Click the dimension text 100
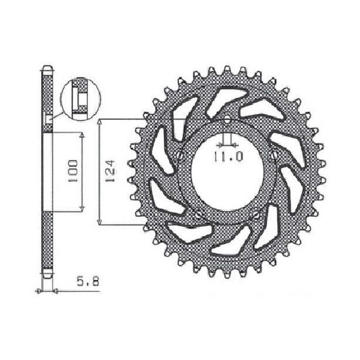pyautogui.click(x=74, y=171)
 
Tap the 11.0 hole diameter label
pyautogui.click(x=226, y=157)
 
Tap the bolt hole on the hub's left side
pyautogui.click(x=181, y=156)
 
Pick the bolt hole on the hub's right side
pyautogui.click(x=274, y=155)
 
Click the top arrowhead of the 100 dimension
pyautogui.click(x=83, y=134)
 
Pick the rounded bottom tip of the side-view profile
pyautogui.click(x=47, y=275)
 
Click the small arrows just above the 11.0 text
pyautogui.click(x=226, y=143)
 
